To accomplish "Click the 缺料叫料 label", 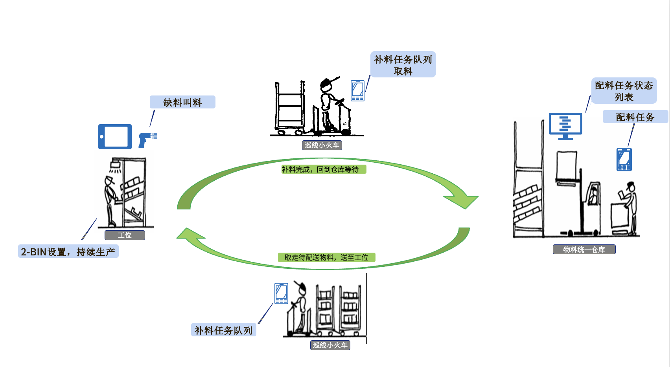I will coord(182,102).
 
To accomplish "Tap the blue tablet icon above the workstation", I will coord(115,137).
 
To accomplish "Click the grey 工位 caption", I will coord(125,235).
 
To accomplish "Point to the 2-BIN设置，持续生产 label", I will coord(68,251).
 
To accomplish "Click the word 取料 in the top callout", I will coord(403,71).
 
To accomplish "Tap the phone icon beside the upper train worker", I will coord(357,91).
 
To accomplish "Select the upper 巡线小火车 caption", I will coord(322,145).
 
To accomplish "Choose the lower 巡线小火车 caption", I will coord(330,345).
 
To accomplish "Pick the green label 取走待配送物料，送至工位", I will coord(326,257).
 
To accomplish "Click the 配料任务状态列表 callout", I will coord(624,91).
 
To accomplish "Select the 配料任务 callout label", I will coord(635,117).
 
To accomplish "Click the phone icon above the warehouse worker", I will coord(624,159).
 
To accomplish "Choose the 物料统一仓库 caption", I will coord(584,250).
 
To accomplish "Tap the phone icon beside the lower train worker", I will coord(281,293).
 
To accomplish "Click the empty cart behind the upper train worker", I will coord(290,108).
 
